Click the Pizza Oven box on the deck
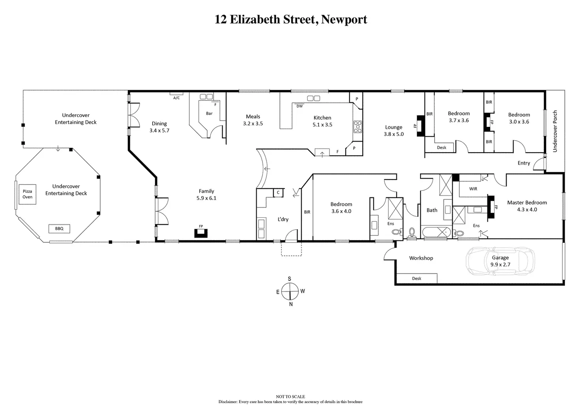coord(27,194)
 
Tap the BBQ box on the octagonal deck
coord(59,228)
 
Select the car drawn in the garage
coord(500,261)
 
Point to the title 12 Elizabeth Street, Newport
coord(291,19)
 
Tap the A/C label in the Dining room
coord(176,98)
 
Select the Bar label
coord(209,113)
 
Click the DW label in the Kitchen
coord(300,106)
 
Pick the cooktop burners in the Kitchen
coord(358,127)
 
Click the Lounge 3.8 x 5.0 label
coord(394,131)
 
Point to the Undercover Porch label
coord(555,131)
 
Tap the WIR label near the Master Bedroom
coord(473,189)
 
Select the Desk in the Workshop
coord(417,278)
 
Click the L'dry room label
coord(283,219)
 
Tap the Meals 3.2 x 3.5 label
coord(253,120)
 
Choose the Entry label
coord(524,163)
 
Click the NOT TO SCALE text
coord(290,396)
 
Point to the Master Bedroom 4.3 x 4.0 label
coord(527,206)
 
